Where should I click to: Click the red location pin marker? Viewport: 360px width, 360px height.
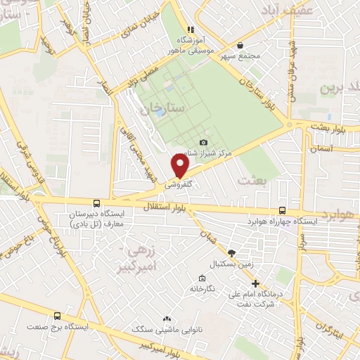[181, 165]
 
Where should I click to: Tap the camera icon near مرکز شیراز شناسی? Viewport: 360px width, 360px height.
[204, 143]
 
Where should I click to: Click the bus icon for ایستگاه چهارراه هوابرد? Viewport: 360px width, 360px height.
[282, 210]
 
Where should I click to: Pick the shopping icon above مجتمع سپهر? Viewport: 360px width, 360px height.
[240, 44]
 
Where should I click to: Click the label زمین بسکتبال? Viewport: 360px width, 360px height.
[224, 264]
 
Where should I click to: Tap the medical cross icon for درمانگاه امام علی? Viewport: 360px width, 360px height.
[255, 283]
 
